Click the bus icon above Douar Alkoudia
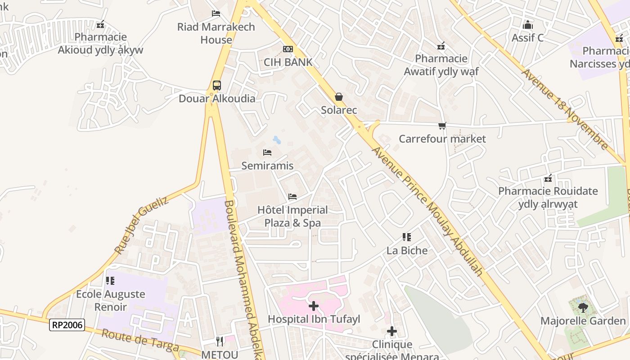(x=216, y=85)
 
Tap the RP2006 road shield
(x=67, y=324)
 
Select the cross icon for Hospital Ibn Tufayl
(x=313, y=306)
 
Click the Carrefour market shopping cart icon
(x=442, y=126)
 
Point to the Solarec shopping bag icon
(x=338, y=97)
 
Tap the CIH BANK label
(x=288, y=62)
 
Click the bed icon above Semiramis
(x=267, y=153)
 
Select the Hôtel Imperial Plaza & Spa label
(x=292, y=216)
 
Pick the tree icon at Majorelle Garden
(x=583, y=308)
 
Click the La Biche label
(x=407, y=250)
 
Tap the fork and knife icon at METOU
(x=220, y=342)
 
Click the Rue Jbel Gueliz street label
(x=141, y=225)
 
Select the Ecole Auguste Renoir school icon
(x=110, y=281)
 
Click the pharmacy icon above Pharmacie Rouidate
(x=548, y=178)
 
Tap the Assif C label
(x=527, y=38)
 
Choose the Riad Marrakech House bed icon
(x=216, y=13)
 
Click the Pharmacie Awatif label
(x=441, y=65)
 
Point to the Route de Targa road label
(x=140, y=341)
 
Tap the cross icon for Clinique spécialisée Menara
(x=391, y=331)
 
